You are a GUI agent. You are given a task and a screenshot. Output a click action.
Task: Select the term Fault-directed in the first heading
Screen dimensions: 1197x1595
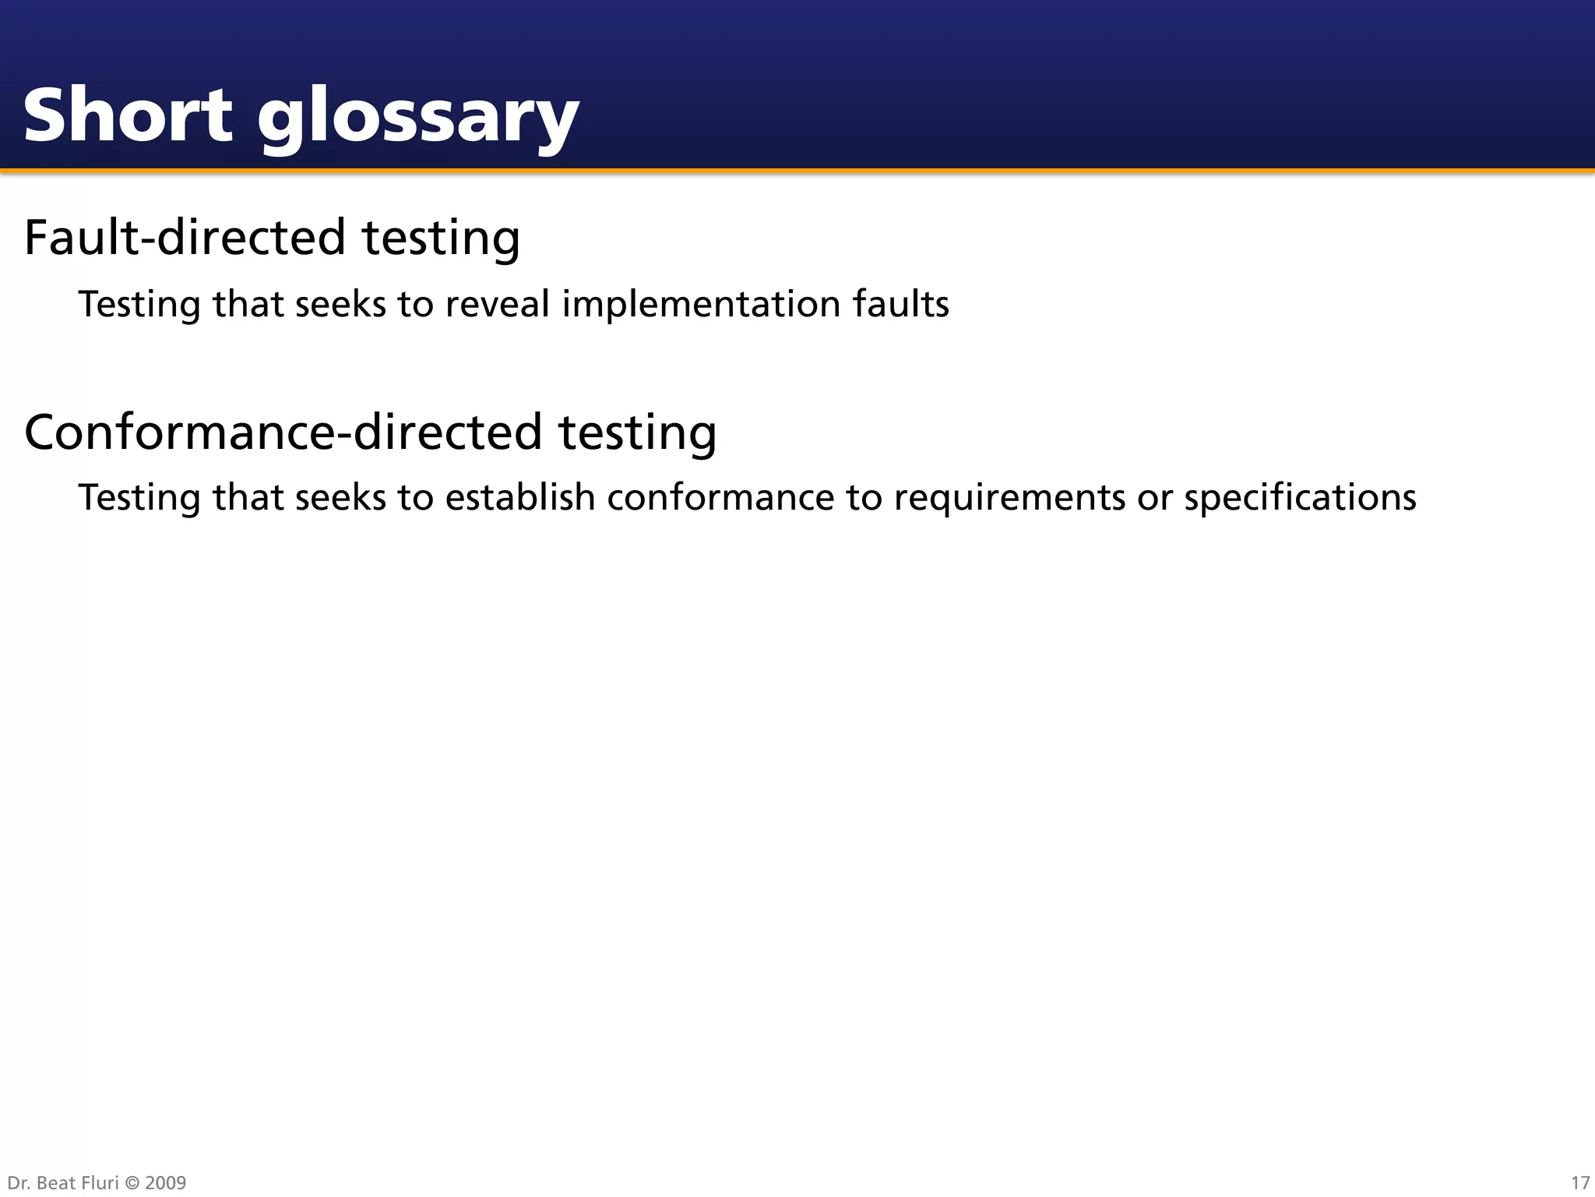185,237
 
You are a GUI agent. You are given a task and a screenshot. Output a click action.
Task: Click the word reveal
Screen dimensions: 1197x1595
497,304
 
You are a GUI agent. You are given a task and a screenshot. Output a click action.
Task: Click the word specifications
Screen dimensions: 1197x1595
1300,497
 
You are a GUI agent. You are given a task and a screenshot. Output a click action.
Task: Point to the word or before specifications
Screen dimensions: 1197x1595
1154,499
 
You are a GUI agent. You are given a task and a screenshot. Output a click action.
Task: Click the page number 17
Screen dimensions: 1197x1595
1579,1183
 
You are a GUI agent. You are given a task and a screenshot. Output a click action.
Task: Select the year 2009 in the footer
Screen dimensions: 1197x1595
165,1183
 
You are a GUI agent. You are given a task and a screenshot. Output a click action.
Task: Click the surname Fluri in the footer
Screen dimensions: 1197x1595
100,1183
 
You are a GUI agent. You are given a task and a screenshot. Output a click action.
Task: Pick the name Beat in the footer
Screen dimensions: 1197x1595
55,1183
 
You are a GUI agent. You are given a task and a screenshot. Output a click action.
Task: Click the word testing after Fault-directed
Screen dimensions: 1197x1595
441,238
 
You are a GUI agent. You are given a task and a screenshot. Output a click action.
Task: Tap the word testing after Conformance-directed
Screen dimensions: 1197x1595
637,433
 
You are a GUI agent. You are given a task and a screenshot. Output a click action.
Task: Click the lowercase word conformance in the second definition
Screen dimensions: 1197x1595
720,497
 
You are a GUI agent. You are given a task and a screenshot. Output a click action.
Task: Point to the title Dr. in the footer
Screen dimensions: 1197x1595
19,1183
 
